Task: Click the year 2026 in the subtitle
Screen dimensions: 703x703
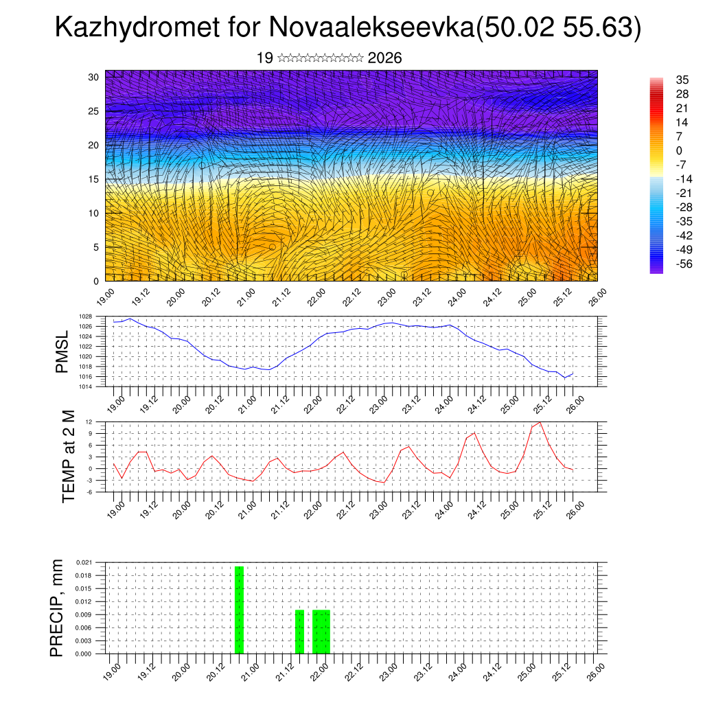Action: click(384, 58)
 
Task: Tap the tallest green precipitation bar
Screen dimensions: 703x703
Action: click(239, 610)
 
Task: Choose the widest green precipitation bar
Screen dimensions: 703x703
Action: click(321, 632)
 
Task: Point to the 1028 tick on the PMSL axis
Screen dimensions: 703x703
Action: click(96, 316)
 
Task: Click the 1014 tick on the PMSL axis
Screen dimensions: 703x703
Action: click(96, 387)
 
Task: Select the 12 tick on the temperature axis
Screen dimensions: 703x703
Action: click(98, 422)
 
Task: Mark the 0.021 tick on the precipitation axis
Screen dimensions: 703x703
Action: click(94, 562)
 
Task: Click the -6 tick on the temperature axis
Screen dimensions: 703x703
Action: click(98, 492)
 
